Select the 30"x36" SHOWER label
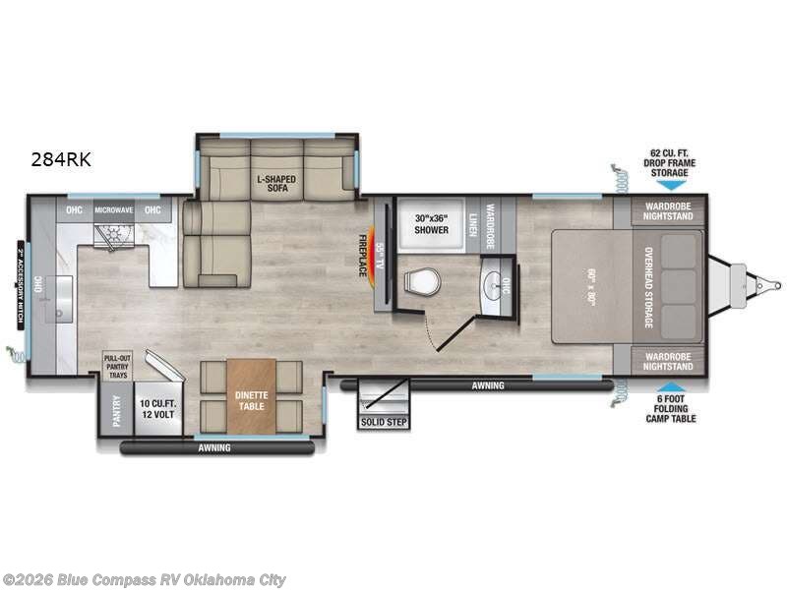click(430, 223)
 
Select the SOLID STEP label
click(383, 422)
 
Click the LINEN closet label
click(473, 222)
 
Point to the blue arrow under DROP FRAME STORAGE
click(668, 184)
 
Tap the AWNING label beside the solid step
click(488, 385)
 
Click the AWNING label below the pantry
click(213, 448)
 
